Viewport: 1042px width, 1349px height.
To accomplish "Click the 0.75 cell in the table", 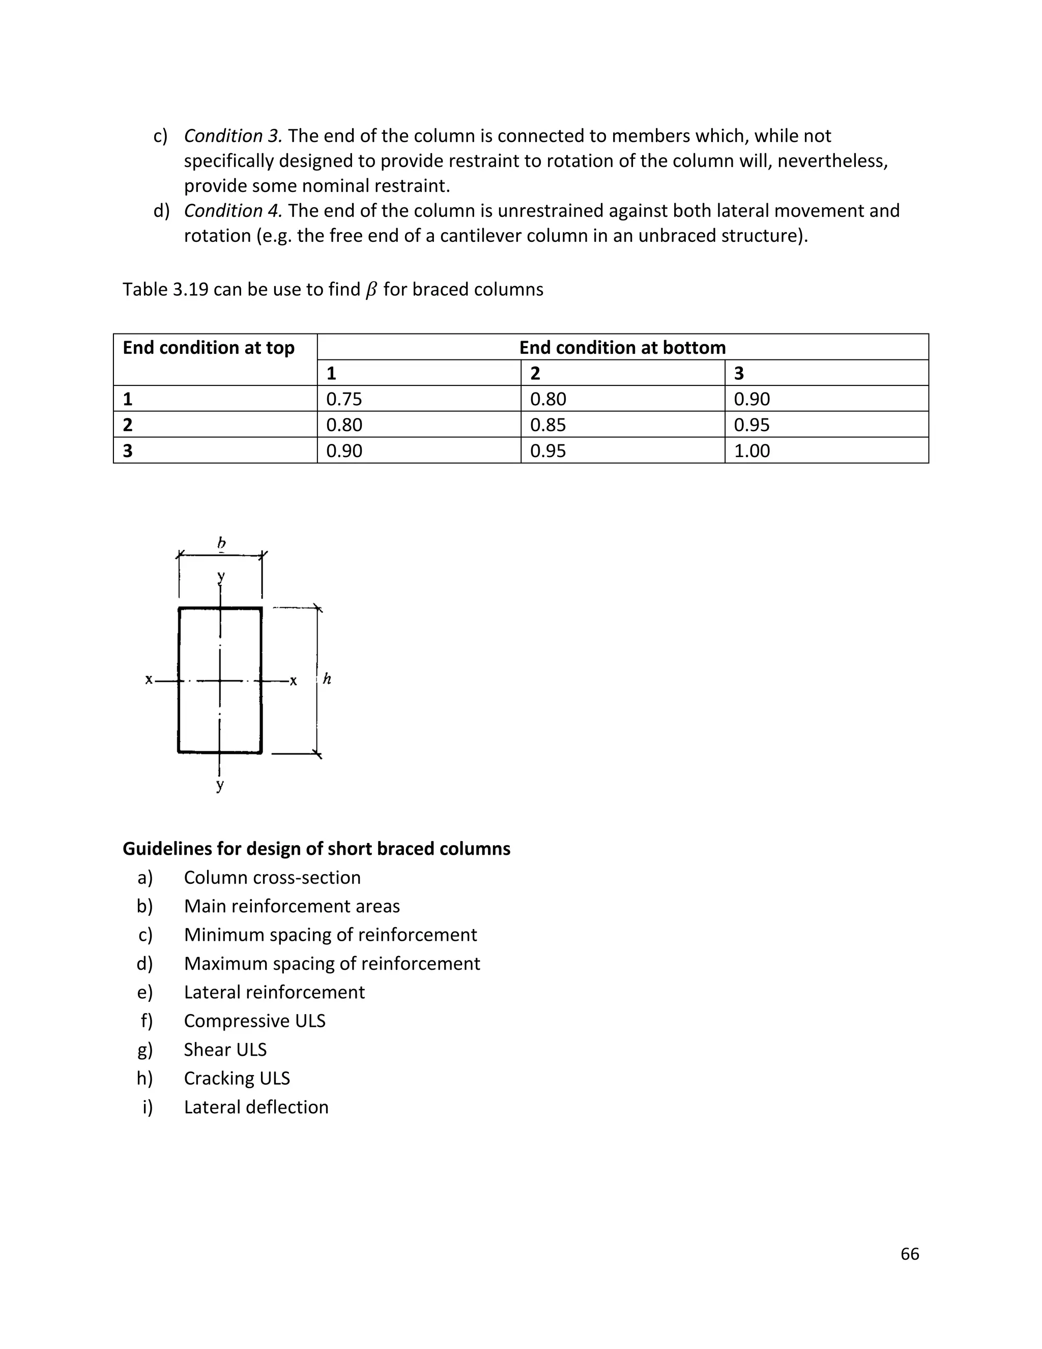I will tap(344, 399).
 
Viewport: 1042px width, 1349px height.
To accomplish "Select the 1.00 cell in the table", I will tap(751, 451).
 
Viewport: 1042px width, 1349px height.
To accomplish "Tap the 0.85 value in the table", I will tap(547, 425).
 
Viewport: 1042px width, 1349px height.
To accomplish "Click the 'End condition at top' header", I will tap(209, 348).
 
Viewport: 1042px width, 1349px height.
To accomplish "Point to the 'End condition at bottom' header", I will tap(622, 348).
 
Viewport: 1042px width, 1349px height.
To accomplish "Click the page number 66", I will tap(909, 1253).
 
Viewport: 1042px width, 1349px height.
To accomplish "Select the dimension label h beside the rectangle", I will tap(327, 679).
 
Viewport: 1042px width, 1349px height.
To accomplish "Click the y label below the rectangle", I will tap(220, 785).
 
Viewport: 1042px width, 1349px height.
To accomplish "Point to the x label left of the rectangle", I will tap(149, 680).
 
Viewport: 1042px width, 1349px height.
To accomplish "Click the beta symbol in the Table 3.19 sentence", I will tap(371, 290).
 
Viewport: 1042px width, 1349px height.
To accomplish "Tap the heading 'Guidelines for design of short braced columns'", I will tap(316, 849).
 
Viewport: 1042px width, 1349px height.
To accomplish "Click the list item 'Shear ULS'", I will tap(225, 1050).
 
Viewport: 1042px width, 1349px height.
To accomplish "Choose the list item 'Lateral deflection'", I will tap(256, 1107).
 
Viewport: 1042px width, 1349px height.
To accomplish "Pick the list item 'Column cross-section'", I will tap(272, 878).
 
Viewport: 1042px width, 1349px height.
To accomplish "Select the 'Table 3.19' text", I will tap(165, 290).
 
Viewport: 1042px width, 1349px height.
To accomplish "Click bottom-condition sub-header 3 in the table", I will tap(739, 373).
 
